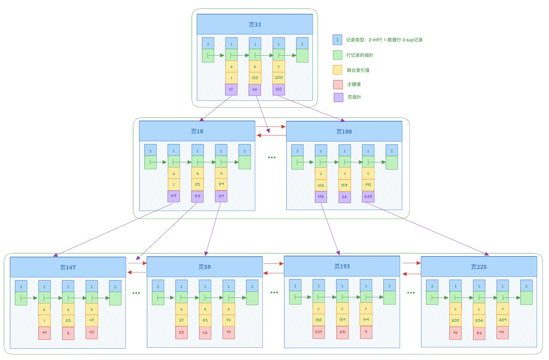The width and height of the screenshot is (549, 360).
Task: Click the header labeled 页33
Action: point(255,25)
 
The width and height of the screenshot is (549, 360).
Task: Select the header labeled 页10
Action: point(197,131)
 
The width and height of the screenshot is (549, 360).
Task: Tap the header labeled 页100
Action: point(344,132)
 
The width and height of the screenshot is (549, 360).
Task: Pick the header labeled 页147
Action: point(68,267)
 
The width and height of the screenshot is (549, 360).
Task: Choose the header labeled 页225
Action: point(479,267)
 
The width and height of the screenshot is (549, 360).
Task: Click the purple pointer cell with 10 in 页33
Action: point(231,89)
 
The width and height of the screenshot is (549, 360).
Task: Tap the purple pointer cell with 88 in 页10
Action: point(197,196)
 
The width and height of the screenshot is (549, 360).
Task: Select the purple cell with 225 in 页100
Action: point(368,196)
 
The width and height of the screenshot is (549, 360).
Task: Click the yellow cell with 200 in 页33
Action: point(279,78)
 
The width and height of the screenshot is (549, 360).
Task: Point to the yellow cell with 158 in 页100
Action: point(344,185)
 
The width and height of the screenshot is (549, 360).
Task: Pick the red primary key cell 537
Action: point(319,332)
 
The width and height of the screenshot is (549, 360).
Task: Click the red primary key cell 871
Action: point(342,332)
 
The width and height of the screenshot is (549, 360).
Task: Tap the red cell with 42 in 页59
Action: point(205,333)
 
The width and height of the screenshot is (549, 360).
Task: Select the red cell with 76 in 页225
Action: point(455,333)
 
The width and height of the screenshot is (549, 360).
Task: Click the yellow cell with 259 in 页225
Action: point(503,320)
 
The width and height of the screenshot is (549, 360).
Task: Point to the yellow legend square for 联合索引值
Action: point(337,70)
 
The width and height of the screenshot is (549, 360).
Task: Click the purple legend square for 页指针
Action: point(339,97)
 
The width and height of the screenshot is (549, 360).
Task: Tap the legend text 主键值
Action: point(354,84)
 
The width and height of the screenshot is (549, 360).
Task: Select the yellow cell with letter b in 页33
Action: point(255,67)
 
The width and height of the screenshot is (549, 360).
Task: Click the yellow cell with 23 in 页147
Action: point(68,321)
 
